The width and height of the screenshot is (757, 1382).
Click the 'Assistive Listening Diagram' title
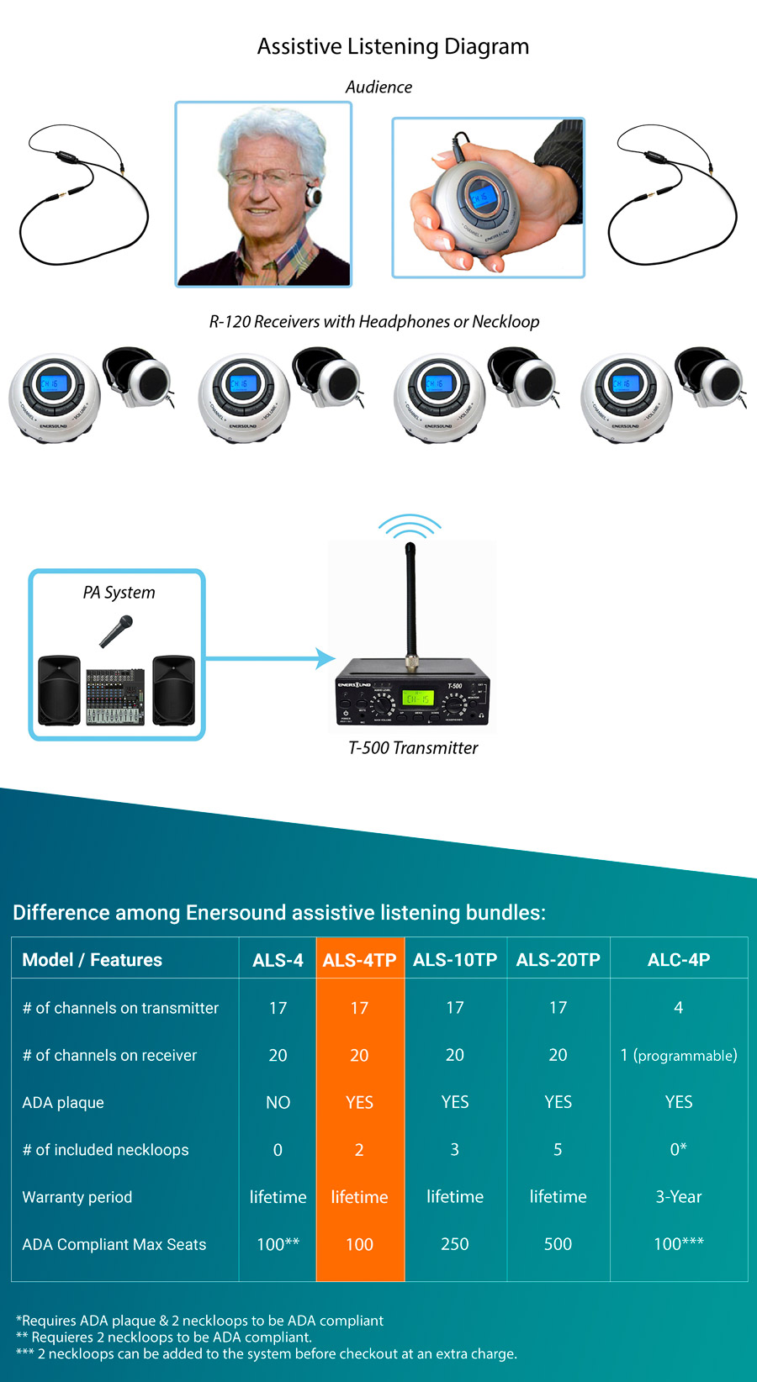pyautogui.click(x=393, y=46)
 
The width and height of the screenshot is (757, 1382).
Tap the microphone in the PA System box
pyautogui.click(x=117, y=630)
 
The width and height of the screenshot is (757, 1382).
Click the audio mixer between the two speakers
pyautogui.click(x=115, y=696)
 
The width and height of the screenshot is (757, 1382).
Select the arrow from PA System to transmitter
pyautogui.click(x=269, y=658)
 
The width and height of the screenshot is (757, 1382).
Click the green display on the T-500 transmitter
pyautogui.click(x=418, y=698)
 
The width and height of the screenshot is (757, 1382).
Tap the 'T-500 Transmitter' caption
pyautogui.click(x=413, y=747)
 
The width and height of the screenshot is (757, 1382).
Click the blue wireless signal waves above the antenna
pyautogui.click(x=410, y=527)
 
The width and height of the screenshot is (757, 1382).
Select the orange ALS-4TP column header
pyautogui.click(x=359, y=959)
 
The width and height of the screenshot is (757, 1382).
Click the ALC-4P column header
pyautogui.click(x=678, y=959)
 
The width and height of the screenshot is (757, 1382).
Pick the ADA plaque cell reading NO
pyautogui.click(x=278, y=1102)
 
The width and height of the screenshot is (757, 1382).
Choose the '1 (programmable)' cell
pyautogui.click(x=678, y=1055)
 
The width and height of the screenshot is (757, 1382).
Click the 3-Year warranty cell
pyautogui.click(x=678, y=1196)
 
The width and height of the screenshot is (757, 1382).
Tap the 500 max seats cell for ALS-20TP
pyautogui.click(x=558, y=1244)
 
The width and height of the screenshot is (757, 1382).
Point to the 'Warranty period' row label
pyautogui.click(x=77, y=1197)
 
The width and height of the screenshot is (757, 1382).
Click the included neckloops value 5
pyautogui.click(x=558, y=1149)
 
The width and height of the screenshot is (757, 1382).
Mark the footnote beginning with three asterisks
pyautogui.click(x=266, y=1353)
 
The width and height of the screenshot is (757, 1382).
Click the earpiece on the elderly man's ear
pyautogui.click(x=314, y=196)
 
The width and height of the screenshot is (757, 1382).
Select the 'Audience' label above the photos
pyautogui.click(x=378, y=87)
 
